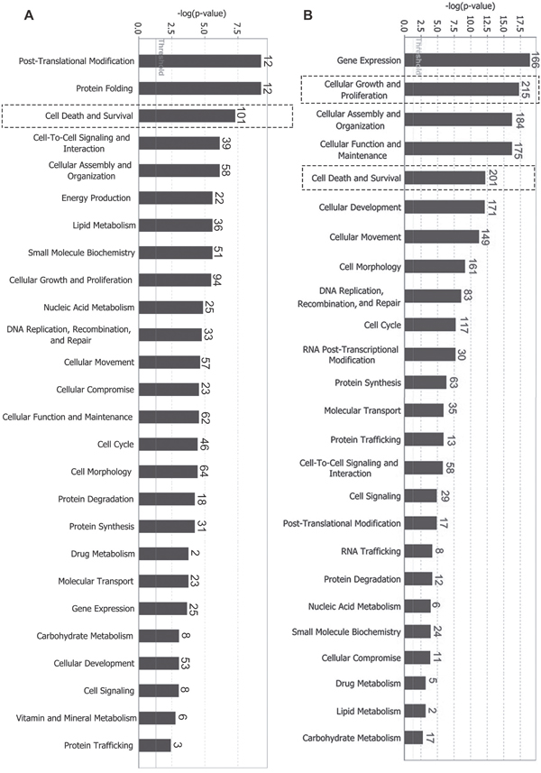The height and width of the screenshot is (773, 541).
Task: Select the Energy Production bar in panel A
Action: pos(175,198)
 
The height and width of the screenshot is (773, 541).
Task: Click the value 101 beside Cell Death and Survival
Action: pos(241,116)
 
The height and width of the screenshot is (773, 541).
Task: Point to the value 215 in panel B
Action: pos(527,88)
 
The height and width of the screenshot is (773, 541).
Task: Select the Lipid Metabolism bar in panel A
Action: pos(175,225)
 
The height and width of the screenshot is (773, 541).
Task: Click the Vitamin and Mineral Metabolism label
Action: pos(76,718)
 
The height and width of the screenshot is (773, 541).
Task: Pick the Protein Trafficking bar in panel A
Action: pos(154,745)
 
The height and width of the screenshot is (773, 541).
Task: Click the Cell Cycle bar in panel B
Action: pos(430,325)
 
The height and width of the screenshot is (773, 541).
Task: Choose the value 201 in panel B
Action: pos(492,178)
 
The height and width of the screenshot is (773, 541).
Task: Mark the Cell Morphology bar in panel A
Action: pos(168,472)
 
